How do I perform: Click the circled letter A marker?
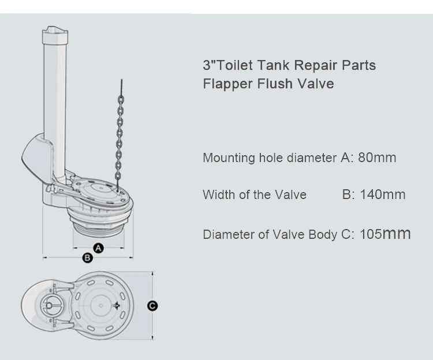coord(98,248)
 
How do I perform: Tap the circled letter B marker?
coord(87,258)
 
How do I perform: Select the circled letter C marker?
coord(152,306)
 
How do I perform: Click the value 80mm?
coord(377,157)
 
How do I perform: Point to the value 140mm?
coord(382,194)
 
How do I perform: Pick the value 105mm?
coord(385,234)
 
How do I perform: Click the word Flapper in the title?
coord(226,84)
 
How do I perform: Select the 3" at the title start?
coord(208,65)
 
